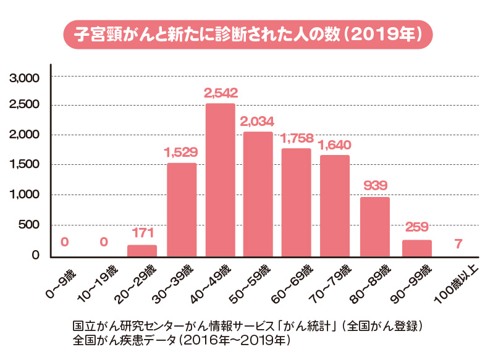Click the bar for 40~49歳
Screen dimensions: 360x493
220,179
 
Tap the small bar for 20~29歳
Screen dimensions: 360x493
142,250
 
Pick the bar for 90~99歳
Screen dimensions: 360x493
416,248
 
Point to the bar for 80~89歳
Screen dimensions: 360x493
374,226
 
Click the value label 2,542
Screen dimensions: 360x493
220,94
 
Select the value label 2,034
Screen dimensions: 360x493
258,122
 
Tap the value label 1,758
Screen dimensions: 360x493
297,138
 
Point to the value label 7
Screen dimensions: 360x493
457,243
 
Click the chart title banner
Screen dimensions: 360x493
247,33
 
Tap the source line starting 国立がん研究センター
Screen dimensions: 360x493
247,325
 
